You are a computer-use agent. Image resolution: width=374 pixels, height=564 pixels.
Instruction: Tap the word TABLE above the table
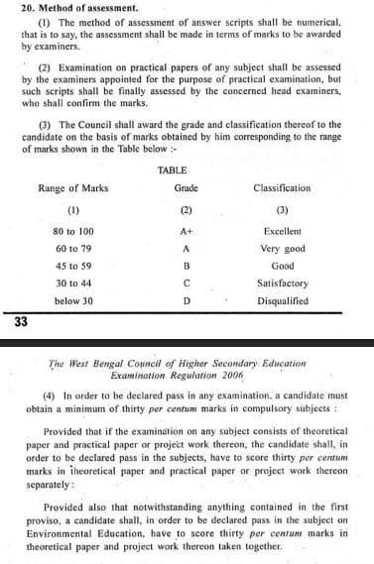pyautogui.click(x=186, y=171)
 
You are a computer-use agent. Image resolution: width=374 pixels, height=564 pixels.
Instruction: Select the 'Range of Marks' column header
pyautogui.click(x=73, y=187)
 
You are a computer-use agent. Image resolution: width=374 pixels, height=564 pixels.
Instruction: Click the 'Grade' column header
pyautogui.click(x=186, y=187)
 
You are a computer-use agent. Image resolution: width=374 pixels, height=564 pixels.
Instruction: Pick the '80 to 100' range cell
pyautogui.click(x=73, y=230)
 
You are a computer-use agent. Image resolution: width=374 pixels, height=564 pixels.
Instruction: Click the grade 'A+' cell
pyautogui.click(x=186, y=230)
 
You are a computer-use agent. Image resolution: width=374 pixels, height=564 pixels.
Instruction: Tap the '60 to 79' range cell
pyautogui.click(x=73, y=248)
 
